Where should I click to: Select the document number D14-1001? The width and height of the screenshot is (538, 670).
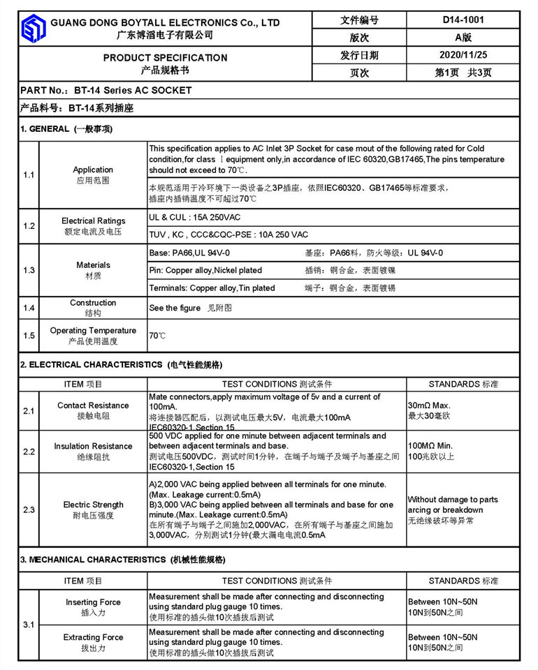463,20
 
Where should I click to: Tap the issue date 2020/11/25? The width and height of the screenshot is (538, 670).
463,55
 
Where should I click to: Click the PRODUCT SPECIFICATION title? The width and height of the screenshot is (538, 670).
165,57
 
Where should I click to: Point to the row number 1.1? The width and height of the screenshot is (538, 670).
29,174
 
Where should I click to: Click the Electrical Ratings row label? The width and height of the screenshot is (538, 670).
93,221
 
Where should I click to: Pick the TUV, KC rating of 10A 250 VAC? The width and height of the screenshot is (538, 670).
228,234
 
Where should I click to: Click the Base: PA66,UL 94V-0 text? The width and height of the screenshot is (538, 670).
189,253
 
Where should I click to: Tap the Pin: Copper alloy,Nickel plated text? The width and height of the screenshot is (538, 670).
205,270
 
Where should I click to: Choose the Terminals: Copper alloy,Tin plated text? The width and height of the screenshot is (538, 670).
212,288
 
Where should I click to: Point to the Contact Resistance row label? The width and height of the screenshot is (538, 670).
93,405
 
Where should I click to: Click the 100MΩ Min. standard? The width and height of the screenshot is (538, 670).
430,445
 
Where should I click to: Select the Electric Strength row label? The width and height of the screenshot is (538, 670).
93,505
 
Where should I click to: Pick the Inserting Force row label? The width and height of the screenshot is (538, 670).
93,602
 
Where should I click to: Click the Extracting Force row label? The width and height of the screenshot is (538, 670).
93,637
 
